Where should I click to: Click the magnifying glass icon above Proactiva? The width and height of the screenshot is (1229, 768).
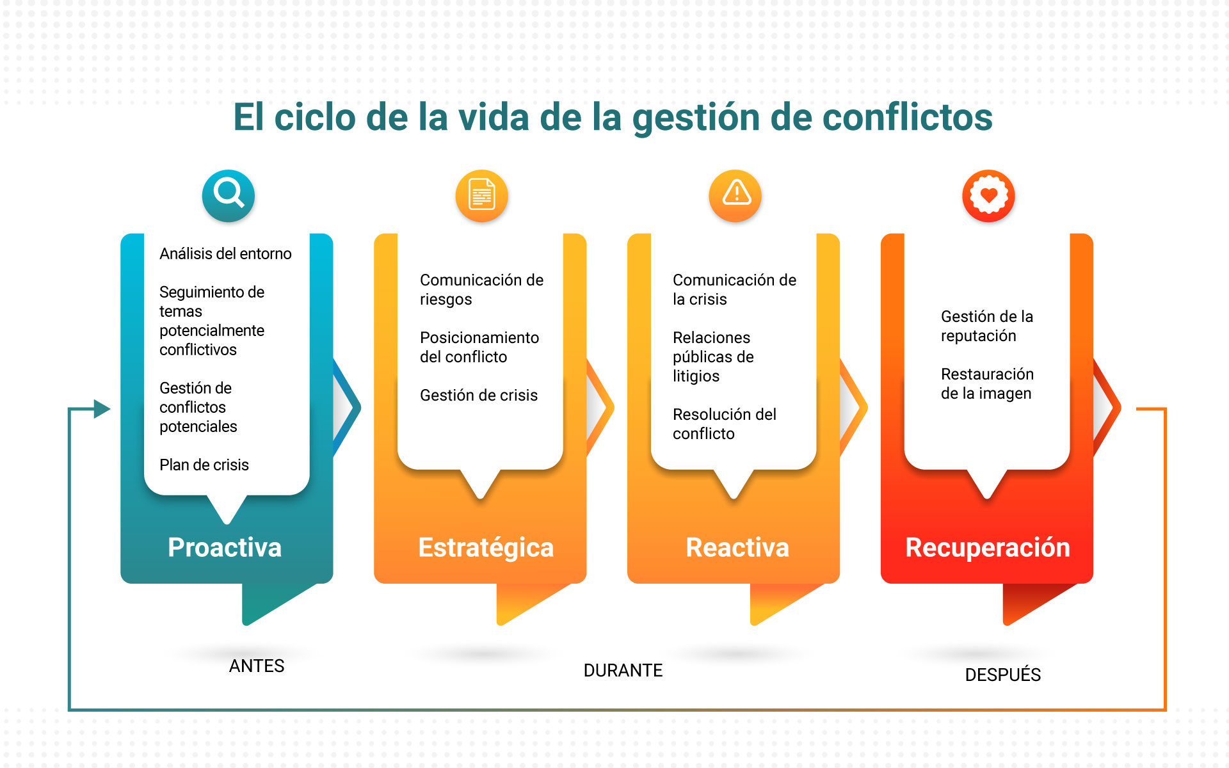tap(229, 195)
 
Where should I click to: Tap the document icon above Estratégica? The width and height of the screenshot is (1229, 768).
tap(482, 195)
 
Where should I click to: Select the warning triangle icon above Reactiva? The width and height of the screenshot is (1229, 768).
tap(735, 195)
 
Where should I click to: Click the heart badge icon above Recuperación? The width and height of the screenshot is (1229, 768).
tap(989, 195)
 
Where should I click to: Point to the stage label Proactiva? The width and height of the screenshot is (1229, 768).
tap(225, 548)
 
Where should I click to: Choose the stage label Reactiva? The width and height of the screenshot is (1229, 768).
tap(737, 548)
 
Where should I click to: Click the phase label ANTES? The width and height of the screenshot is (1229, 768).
tap(257, 666)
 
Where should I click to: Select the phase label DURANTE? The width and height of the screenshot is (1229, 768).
tap(623, 671)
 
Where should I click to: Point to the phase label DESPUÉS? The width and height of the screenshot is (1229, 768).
tap(1003, 674)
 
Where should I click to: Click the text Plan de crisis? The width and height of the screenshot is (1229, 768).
tap(204, 465)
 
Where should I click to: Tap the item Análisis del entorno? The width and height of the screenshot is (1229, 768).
tap(225, 253)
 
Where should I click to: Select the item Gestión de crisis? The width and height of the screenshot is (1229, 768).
tap(479, 395)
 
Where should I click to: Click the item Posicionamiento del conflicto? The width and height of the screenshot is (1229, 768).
tap(479, 347)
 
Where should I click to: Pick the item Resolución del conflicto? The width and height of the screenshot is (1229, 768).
tap(725, 424)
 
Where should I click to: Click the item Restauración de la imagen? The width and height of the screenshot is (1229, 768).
tap(988, 383)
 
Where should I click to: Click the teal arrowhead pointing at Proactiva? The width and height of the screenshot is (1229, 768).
tap(102, 408)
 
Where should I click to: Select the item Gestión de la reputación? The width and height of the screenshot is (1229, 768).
tap(987, 326)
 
